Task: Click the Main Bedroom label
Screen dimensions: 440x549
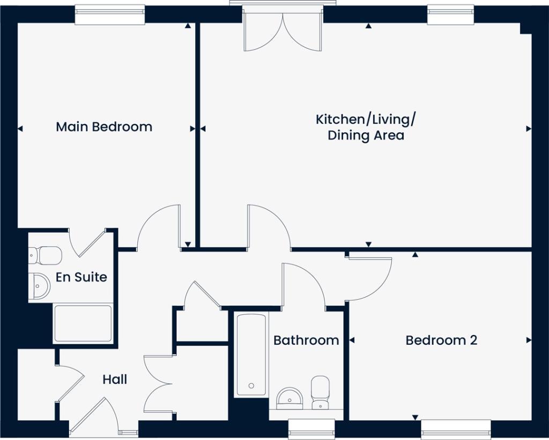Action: click(104, 127)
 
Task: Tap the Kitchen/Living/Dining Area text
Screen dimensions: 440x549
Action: click(366, 127)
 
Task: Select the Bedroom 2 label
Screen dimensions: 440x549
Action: click(441, 340)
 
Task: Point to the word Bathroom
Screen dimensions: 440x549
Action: click(306, 340)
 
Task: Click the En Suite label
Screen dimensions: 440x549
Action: click(81, 277)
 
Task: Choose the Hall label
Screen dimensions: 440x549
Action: click(115, 380)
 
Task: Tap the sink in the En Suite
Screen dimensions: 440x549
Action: click(40, 285)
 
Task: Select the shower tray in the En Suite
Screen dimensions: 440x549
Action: click(83, 323)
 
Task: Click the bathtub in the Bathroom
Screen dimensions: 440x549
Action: click(251, 354)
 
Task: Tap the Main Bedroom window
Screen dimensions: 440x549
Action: click(110, 15)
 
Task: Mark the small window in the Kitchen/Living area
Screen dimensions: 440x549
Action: click(451, 15)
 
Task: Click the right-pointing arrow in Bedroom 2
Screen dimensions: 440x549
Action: click(529, 340)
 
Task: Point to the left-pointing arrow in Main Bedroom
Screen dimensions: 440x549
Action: click(20, 128)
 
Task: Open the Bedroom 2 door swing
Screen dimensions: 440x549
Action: click(370, 278)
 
